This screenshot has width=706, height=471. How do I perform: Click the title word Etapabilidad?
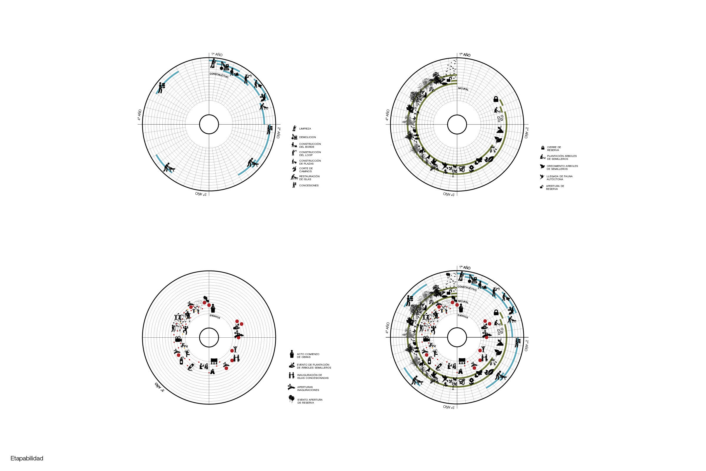tap(27, 458)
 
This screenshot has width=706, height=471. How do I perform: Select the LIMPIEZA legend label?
tap(305, 129)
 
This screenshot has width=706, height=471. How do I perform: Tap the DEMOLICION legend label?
tap(307, 137)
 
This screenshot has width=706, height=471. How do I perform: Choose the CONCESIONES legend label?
tap(309, 186)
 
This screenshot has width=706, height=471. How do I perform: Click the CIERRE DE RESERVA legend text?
tap(554, 149)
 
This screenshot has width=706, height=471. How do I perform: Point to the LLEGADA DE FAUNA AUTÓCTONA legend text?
tap(560, 178)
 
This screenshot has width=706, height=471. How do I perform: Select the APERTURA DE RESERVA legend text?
tap(555, 188)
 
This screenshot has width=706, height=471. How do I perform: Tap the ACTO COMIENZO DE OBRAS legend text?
tap(308, 356)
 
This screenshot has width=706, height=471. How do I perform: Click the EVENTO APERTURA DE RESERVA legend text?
tap(310, 401)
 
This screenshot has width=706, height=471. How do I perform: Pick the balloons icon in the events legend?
tap(291, 399)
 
